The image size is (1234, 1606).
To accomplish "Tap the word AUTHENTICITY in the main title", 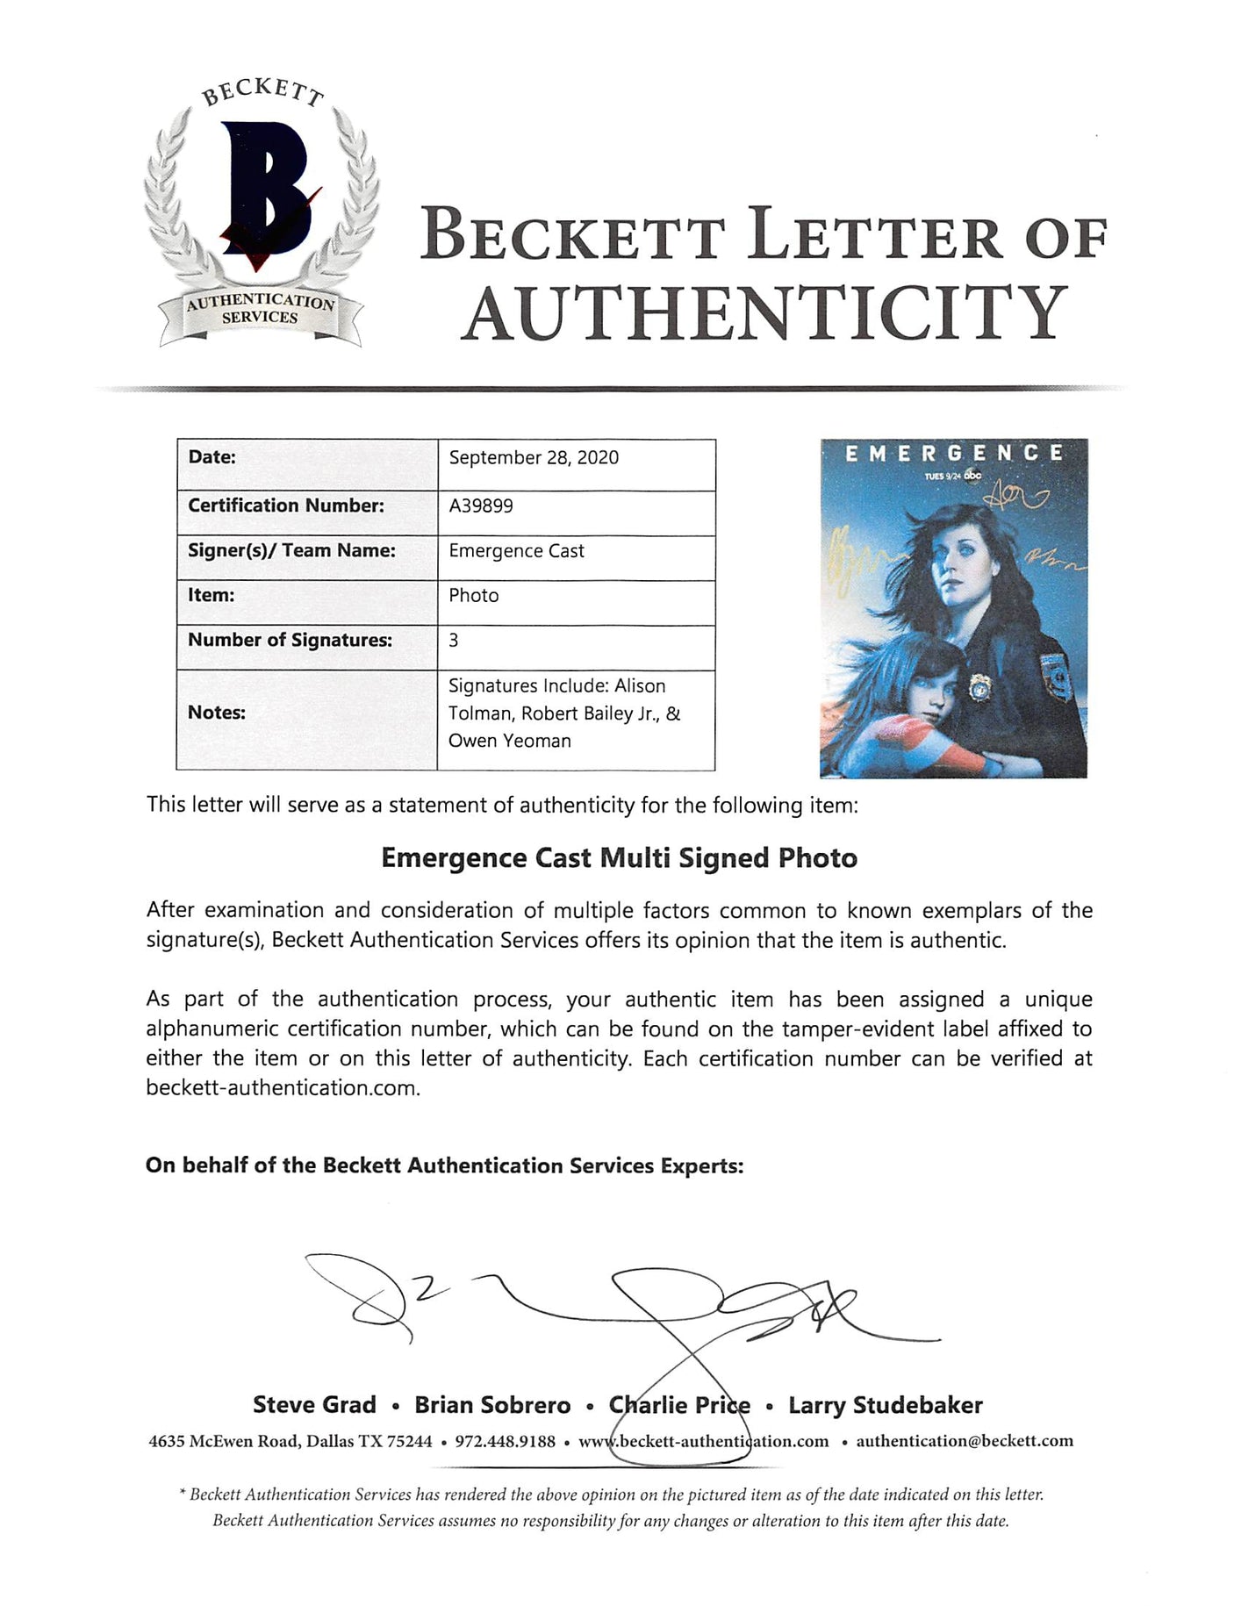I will [x=764, y=314].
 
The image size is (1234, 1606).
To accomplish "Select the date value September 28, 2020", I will [x=534, y=457].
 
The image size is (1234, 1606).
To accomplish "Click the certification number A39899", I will [x=481, y=505].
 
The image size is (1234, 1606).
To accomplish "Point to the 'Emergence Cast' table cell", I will [x=516, y=551].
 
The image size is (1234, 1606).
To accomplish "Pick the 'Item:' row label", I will [x=211, y=595].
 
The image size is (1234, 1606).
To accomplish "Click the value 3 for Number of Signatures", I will [x=454, y=641].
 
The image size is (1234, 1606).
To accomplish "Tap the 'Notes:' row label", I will [x=216, y=713].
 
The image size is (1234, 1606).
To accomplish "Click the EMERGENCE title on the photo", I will [x=953, y=454].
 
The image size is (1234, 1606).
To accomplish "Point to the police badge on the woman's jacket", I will [x=976, y=687].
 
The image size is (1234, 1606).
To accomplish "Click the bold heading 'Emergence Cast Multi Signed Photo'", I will [x=619, y=857].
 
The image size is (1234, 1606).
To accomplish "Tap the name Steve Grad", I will [x=314, y=1405].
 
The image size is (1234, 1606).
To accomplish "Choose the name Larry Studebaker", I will [x=885, y=1405].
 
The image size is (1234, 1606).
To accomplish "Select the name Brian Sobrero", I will [x=492, y=1405].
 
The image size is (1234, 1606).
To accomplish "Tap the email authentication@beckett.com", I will [x=965, y=1441].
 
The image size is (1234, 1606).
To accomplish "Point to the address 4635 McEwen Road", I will [x=223, y=1441].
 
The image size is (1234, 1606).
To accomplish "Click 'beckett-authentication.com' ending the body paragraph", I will [x=283, y=1088].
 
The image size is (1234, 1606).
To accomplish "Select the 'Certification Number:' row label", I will [x=286, y=505].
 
